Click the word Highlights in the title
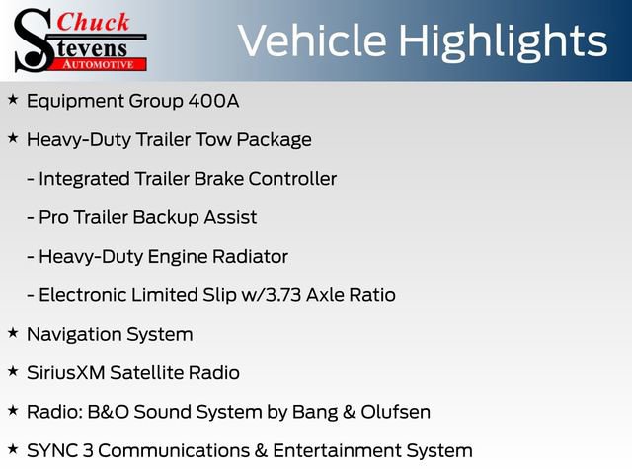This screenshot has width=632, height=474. pos(506,40)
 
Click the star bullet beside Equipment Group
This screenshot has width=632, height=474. pos(12,100)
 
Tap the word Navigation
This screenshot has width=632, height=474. pos(75,335)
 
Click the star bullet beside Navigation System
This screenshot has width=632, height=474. pos(12,334)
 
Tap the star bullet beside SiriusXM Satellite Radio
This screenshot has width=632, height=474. pos(12,372)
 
